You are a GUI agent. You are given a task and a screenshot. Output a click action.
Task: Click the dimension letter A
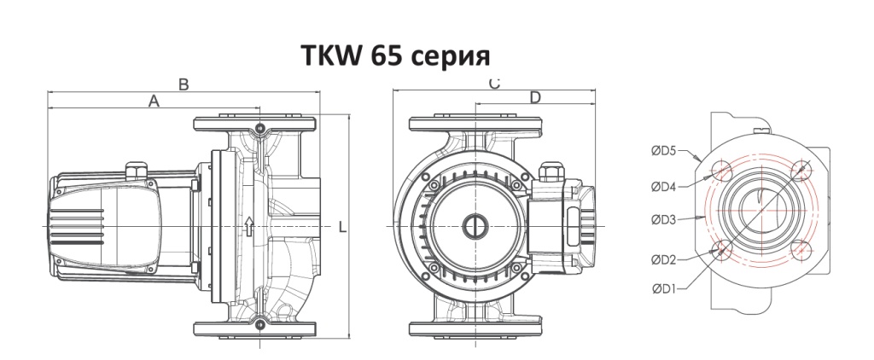[154, 101]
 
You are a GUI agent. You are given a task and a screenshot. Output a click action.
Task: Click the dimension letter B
[183, 84]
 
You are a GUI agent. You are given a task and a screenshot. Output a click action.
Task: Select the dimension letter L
[341, 228]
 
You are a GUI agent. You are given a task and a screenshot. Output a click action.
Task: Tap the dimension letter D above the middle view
[534, 98]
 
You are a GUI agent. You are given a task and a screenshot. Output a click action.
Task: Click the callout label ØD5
[664, 151]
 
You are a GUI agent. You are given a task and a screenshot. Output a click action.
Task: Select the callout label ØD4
[664, 185]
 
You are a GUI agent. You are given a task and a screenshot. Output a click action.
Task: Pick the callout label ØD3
[664, 220]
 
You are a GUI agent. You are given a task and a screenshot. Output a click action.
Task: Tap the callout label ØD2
[664, 258]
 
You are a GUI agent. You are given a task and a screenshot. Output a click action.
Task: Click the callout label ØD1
[664, 287]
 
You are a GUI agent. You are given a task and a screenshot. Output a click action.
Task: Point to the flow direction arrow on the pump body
[248, 227]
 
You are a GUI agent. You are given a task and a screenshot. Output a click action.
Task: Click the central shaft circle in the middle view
[474, 227]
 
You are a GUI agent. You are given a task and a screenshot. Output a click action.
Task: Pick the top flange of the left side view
[257, 125]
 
